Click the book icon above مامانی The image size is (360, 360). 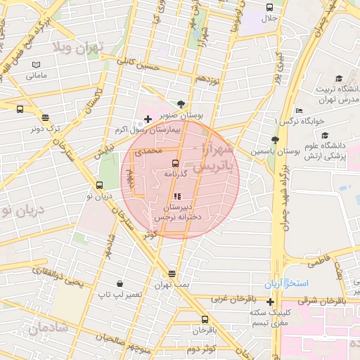coord(36,65)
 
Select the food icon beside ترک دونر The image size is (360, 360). coord(46,118)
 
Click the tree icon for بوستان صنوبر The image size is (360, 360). coord(181,103)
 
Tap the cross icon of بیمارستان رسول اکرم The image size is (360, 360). coord(147,119)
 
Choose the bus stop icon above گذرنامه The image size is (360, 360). coord(176,162)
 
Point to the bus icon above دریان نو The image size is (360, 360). coord(98,186)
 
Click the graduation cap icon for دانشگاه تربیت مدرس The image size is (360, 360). coord(339,79)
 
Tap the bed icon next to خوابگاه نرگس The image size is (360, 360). coord(299,110)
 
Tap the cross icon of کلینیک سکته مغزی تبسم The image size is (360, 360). coord(271,302)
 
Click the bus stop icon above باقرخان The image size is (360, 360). coord(205,319)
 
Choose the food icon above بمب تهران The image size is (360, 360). coord(172,274)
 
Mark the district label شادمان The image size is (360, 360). coord(48,328)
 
